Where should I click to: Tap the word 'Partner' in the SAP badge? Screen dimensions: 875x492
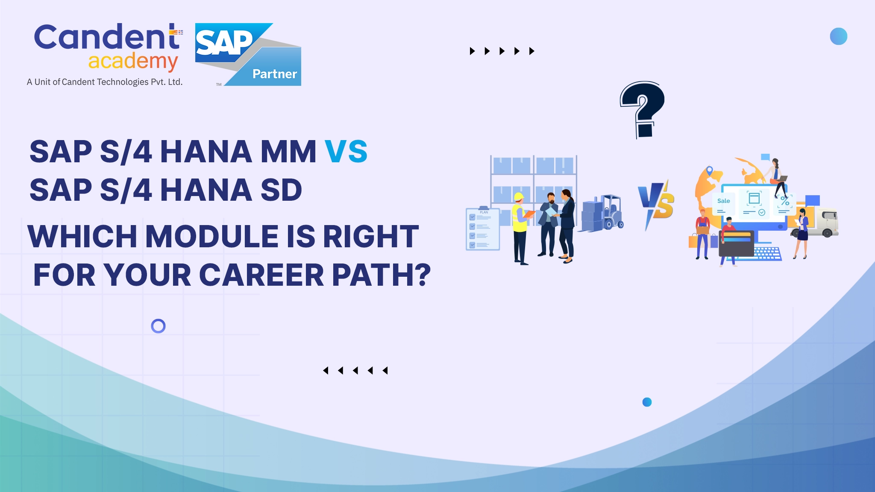[275, 74]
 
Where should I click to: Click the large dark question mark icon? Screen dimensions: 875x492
[642, 110]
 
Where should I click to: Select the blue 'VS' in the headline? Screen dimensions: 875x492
[346, 152]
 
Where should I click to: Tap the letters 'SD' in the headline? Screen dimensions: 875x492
[281, 190]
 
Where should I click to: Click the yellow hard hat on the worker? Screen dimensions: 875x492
[519, 197]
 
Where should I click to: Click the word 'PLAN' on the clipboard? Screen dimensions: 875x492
[484, 212]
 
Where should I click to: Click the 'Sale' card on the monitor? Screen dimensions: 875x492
[723, 204]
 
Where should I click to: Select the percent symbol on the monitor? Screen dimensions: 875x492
[785, 200]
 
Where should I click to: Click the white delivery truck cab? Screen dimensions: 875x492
[827, 222]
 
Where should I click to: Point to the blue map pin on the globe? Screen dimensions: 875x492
[709, 171]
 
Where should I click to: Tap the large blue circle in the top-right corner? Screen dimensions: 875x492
[838, 36]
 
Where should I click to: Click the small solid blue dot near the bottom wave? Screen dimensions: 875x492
[647, 402]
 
